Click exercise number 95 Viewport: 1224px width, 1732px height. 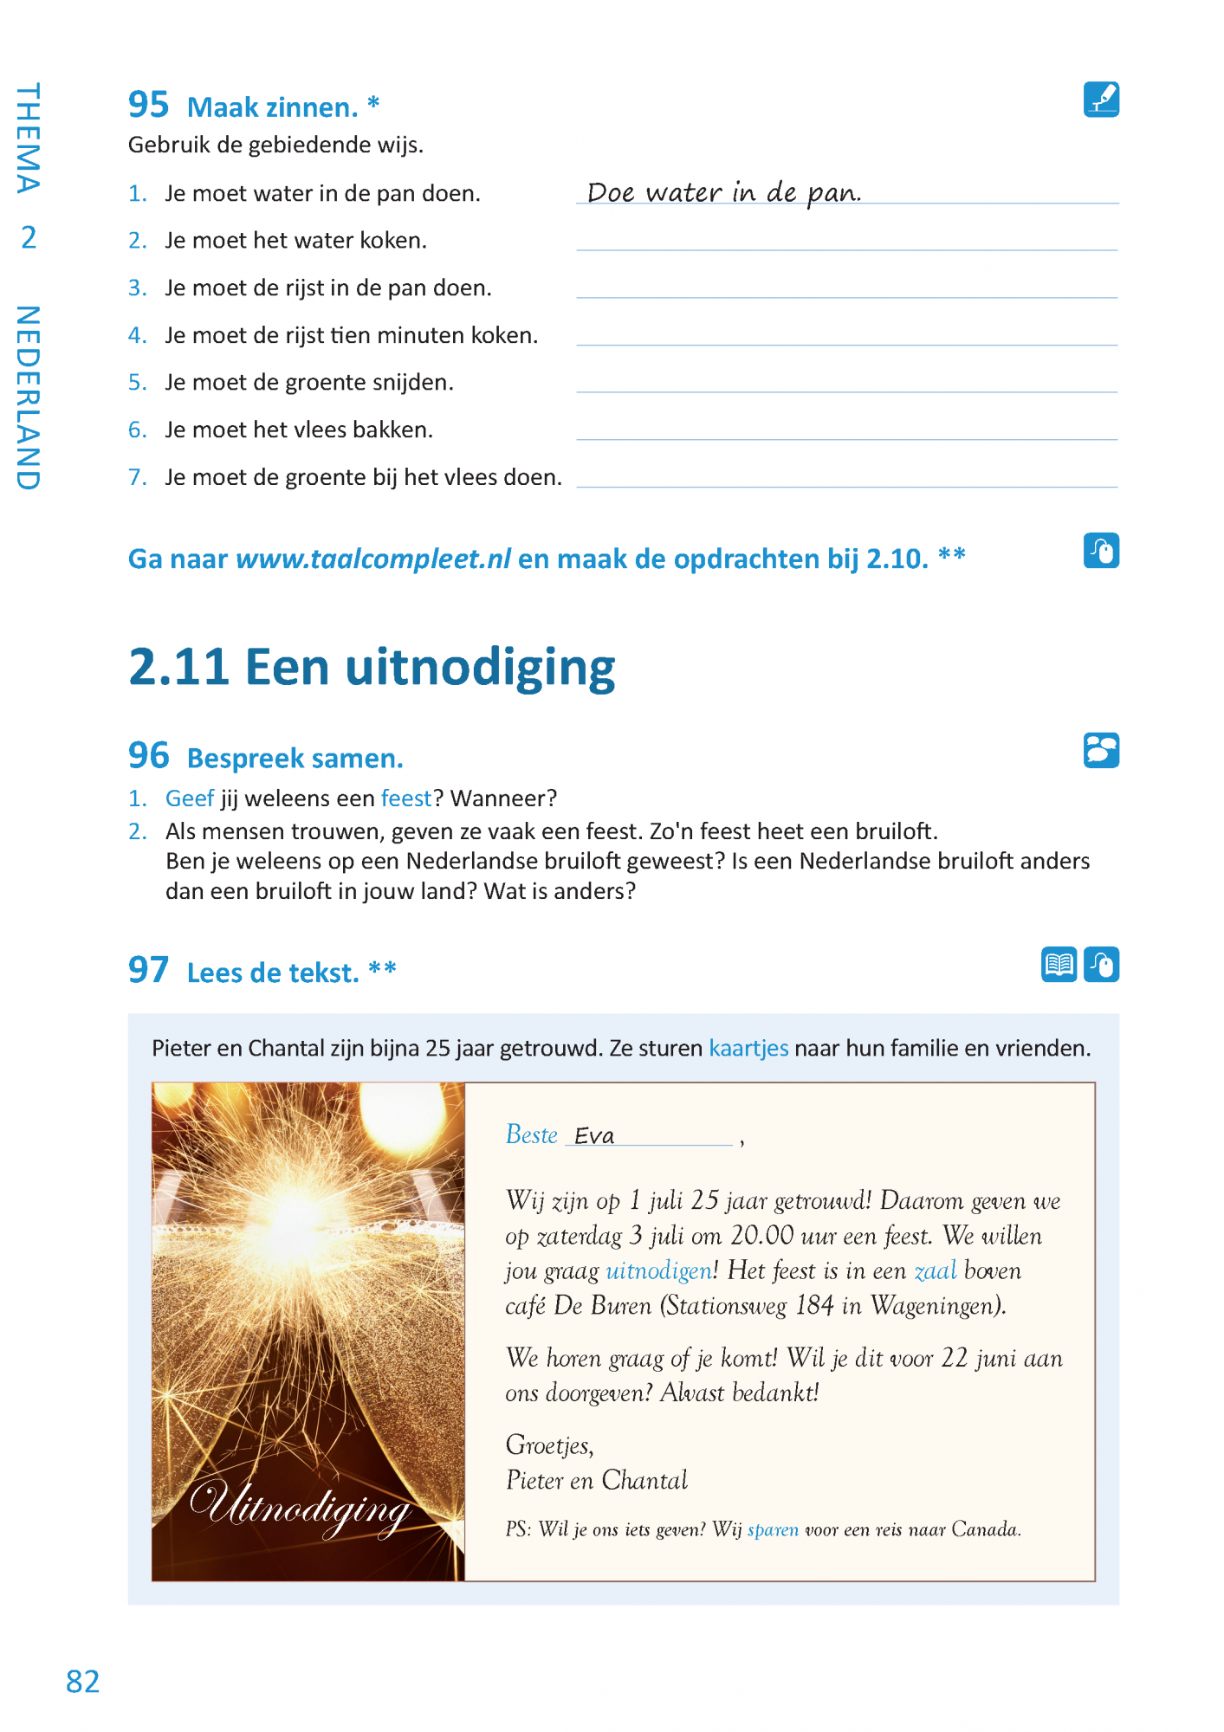148,105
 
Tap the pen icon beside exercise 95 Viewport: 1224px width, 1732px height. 1100,100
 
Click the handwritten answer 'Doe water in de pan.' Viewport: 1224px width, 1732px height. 723,192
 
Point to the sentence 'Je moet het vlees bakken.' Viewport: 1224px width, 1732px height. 299,430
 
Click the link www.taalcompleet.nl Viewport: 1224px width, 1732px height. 373,559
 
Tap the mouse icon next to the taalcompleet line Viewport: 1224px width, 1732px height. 1100,550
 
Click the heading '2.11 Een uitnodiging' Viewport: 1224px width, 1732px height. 372,668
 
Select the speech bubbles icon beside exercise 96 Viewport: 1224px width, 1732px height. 1100,750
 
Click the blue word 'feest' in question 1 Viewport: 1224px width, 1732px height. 405,798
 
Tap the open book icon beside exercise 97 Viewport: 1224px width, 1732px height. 1059,964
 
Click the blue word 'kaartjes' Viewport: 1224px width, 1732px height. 748,1048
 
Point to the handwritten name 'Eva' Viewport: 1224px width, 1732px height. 594,1135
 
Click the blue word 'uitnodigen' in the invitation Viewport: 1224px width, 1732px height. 658,1270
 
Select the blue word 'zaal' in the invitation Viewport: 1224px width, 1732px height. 936,1270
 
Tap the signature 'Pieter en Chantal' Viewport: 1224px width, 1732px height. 596,1480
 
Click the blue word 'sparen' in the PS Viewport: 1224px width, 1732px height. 773,1529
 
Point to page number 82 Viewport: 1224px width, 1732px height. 83,1681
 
